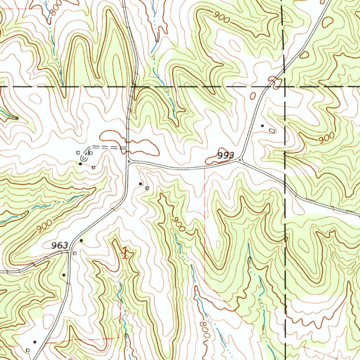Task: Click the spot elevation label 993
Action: point(225,155)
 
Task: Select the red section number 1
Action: point(125,253)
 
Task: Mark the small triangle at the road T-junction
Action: point(129,161)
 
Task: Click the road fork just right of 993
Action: point(240,161)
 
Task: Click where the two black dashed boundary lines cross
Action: point(284,86)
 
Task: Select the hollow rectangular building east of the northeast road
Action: point(271,130)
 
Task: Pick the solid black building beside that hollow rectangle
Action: point(262,126)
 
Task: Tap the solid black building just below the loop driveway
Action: point(81,164)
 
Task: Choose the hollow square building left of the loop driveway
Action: point(78,153)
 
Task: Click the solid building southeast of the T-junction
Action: point(141,184)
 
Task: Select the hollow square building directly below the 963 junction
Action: point(75,253)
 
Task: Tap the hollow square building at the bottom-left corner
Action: point(28,350)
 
